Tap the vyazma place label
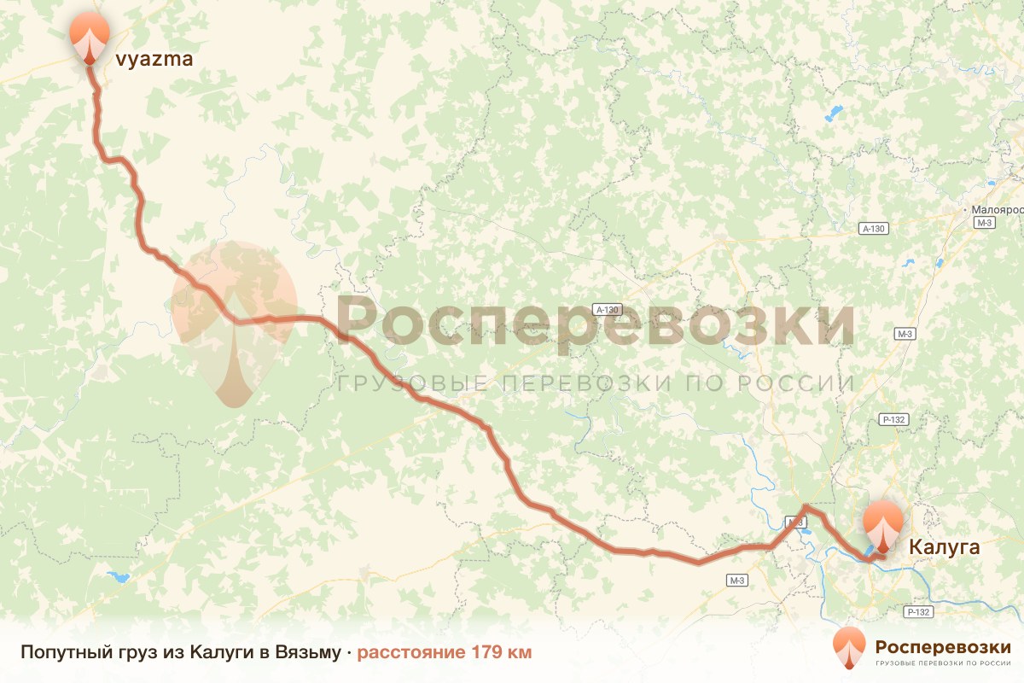pos(154,59)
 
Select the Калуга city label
pos(944,547)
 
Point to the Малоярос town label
pos(997,209)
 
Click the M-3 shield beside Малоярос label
pos(986,223)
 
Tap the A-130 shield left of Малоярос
pos(874,229)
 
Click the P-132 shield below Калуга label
pos(918,612)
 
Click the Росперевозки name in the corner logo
pos(943,646)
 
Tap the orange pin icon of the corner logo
pos(849,650)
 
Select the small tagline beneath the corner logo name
pos(943,663)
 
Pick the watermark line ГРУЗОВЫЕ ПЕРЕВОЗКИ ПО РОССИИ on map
pos(595,383)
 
